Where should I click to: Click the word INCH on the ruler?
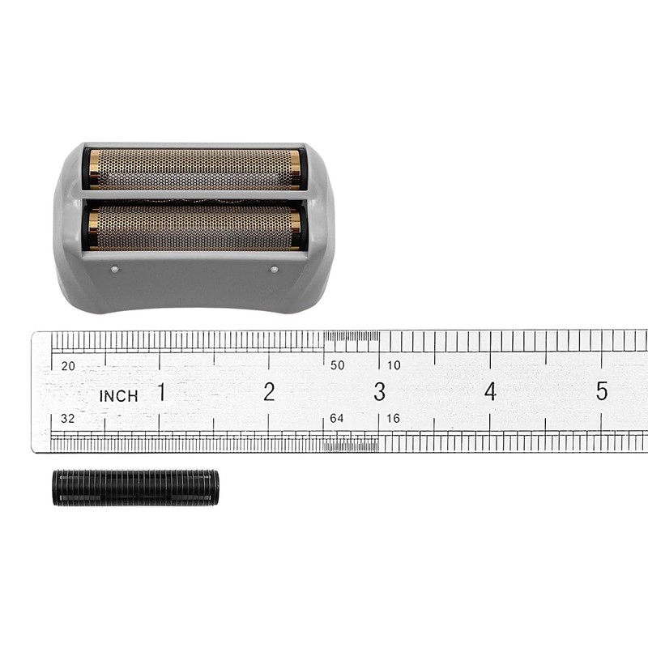(118, 396)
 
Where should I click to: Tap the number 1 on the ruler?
(161, 392)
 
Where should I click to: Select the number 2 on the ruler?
(269, 392)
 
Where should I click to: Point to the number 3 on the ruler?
(379, 392)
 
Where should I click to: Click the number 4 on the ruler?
(490, 392)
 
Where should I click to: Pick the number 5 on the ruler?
(601, 391)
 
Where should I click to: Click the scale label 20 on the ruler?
(68, 365)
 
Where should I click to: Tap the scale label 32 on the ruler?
(68, 419)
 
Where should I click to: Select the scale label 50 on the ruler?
(337, 365)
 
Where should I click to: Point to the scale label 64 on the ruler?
(337, 419)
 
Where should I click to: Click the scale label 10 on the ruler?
(394, 365)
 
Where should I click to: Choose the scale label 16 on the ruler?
(394, 419)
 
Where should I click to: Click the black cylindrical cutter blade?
(135, 488)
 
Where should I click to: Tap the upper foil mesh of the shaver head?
(194, 168)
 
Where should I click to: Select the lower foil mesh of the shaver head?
(194, 228)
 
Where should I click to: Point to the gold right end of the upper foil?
(295, 168)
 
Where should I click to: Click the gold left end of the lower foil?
(94, 228)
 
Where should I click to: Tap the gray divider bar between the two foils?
(194, 198)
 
